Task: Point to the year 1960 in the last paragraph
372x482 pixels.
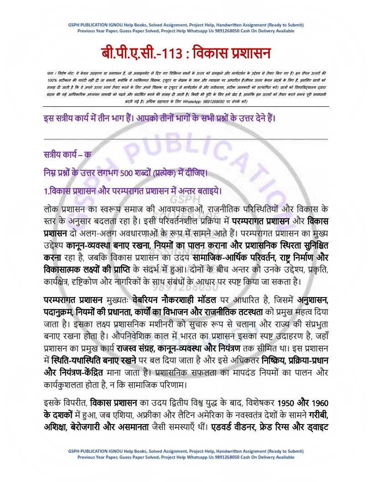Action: coord(319,404)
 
